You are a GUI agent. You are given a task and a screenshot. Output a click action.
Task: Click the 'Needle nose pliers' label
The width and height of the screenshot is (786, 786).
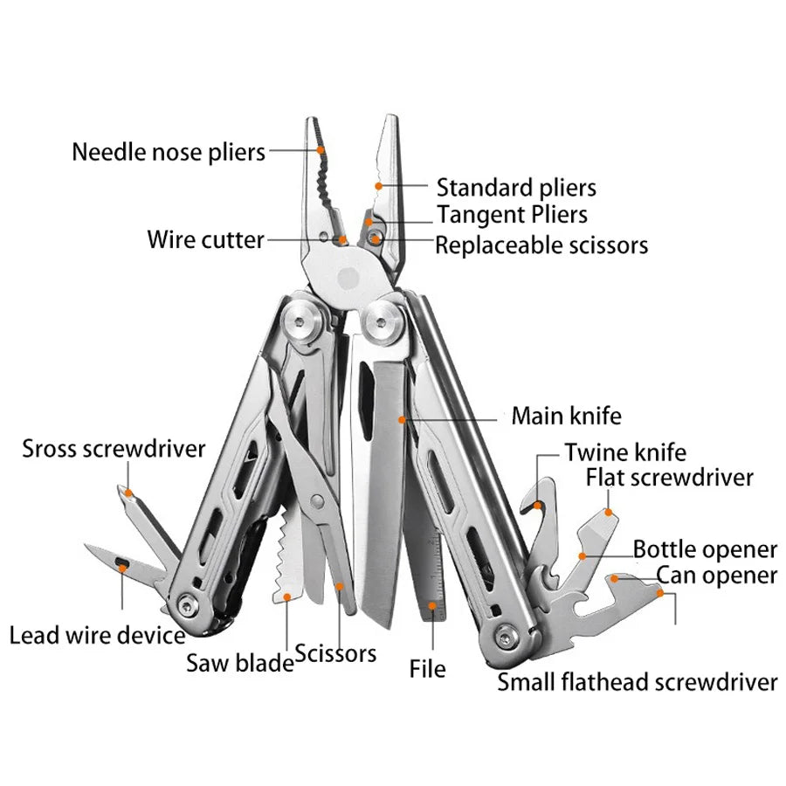[x=169, y=152]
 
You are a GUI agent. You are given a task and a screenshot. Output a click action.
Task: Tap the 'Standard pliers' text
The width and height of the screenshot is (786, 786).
[x=516, y=187]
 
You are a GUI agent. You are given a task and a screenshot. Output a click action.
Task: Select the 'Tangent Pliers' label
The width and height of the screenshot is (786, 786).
[x=512, y=214]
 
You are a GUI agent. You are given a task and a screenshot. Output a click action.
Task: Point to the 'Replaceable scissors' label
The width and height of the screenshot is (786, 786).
[x=541, y=245]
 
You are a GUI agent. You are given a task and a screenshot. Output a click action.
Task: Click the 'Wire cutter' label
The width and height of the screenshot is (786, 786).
[x=205, y=239]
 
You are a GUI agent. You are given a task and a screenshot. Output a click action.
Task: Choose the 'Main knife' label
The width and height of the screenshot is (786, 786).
[x=566, y=415]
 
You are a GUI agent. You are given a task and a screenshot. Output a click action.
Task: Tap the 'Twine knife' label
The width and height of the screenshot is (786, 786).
[x=625, y=452]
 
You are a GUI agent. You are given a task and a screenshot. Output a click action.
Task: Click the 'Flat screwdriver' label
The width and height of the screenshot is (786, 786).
[x=669, y=478]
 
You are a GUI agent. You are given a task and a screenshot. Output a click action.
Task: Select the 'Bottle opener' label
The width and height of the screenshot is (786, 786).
[x=705, y=549]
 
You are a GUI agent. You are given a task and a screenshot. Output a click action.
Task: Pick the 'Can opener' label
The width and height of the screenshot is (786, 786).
[x=716, y=576]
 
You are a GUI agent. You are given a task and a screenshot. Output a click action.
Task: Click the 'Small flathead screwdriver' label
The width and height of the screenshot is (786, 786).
[x=638, y=681]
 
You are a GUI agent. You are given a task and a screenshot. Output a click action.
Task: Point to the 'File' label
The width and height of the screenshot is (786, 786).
[x=427, y=669]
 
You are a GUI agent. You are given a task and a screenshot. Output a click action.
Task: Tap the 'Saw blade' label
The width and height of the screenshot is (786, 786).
[x=239, y=663]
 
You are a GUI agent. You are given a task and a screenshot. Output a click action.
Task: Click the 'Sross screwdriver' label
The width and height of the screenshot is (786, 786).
[x=114, y=449]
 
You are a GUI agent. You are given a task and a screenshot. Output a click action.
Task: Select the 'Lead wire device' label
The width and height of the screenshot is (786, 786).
[x=97, y=635]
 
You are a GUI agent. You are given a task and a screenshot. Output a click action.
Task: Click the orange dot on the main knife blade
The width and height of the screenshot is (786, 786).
[x=403, y=419]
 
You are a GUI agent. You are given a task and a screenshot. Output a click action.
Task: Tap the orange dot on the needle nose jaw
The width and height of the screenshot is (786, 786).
[x=321, y=150]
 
